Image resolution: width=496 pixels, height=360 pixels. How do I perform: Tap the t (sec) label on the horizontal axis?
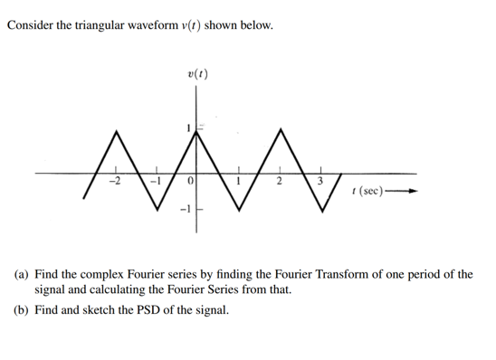[x=371, y=192]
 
